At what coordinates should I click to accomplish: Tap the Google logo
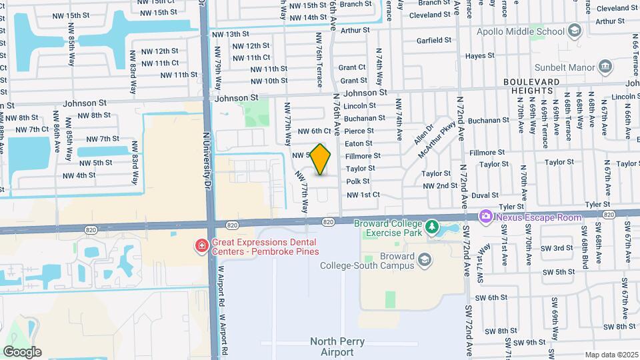(22, 352)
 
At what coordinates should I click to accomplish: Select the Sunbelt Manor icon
(605, 66)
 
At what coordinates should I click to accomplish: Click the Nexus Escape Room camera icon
(485, 217)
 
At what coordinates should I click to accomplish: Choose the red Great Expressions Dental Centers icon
(200, 247)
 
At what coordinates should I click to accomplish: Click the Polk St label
(357, 181)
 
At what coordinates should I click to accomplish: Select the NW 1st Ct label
(363, 195)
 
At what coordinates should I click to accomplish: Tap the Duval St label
(485, 195)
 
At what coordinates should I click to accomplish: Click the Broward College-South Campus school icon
(423, 259)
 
